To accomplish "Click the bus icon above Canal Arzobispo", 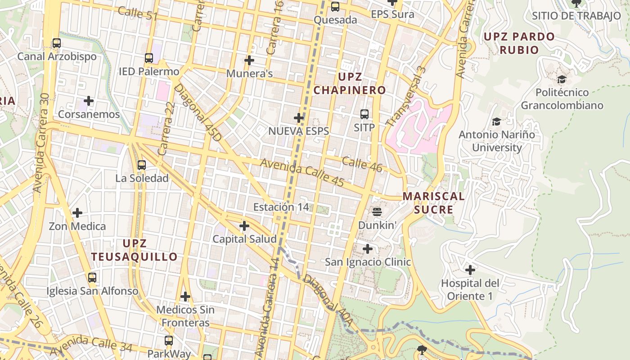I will click(x=57, y=43).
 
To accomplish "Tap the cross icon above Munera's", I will click(x=249, y=60).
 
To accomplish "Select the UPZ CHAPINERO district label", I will click(x=350, y=83).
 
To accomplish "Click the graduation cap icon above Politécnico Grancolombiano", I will click(x=562, y=80).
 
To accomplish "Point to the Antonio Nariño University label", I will click(x=497, y=141).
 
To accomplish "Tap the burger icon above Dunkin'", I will click(x=377, y=211).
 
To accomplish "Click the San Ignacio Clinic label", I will click(x=368, y=262).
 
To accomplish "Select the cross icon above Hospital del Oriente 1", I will click(x=470, y=270).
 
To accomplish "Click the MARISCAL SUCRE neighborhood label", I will click(x=433, y=203).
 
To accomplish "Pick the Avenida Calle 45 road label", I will click(x=302, y=174).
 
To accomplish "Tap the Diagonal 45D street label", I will click(x=198, y=112).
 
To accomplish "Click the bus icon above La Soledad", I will click(x=142, y=165).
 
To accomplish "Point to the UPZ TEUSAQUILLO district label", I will click(x=135, y=250).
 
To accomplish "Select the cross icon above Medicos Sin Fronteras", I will click(x=185, y=297).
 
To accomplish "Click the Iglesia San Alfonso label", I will click(x=92, y=291).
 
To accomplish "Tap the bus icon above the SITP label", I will click(x=364, y=114).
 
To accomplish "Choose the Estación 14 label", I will click(x=281, y=207).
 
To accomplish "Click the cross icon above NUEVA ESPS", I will click(x=299, y=118).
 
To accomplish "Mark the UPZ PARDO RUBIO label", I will click(x=519, y=43).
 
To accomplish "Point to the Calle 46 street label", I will click(x=362, y=164).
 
